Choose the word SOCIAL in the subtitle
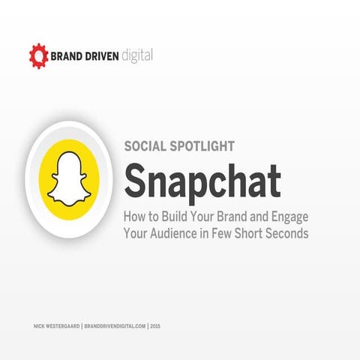(x=146, y=147)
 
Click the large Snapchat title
(x=202, y=181)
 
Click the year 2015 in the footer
(x=155, y=327)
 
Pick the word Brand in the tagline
(x=232, y=217)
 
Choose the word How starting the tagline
(x=135, y=217)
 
